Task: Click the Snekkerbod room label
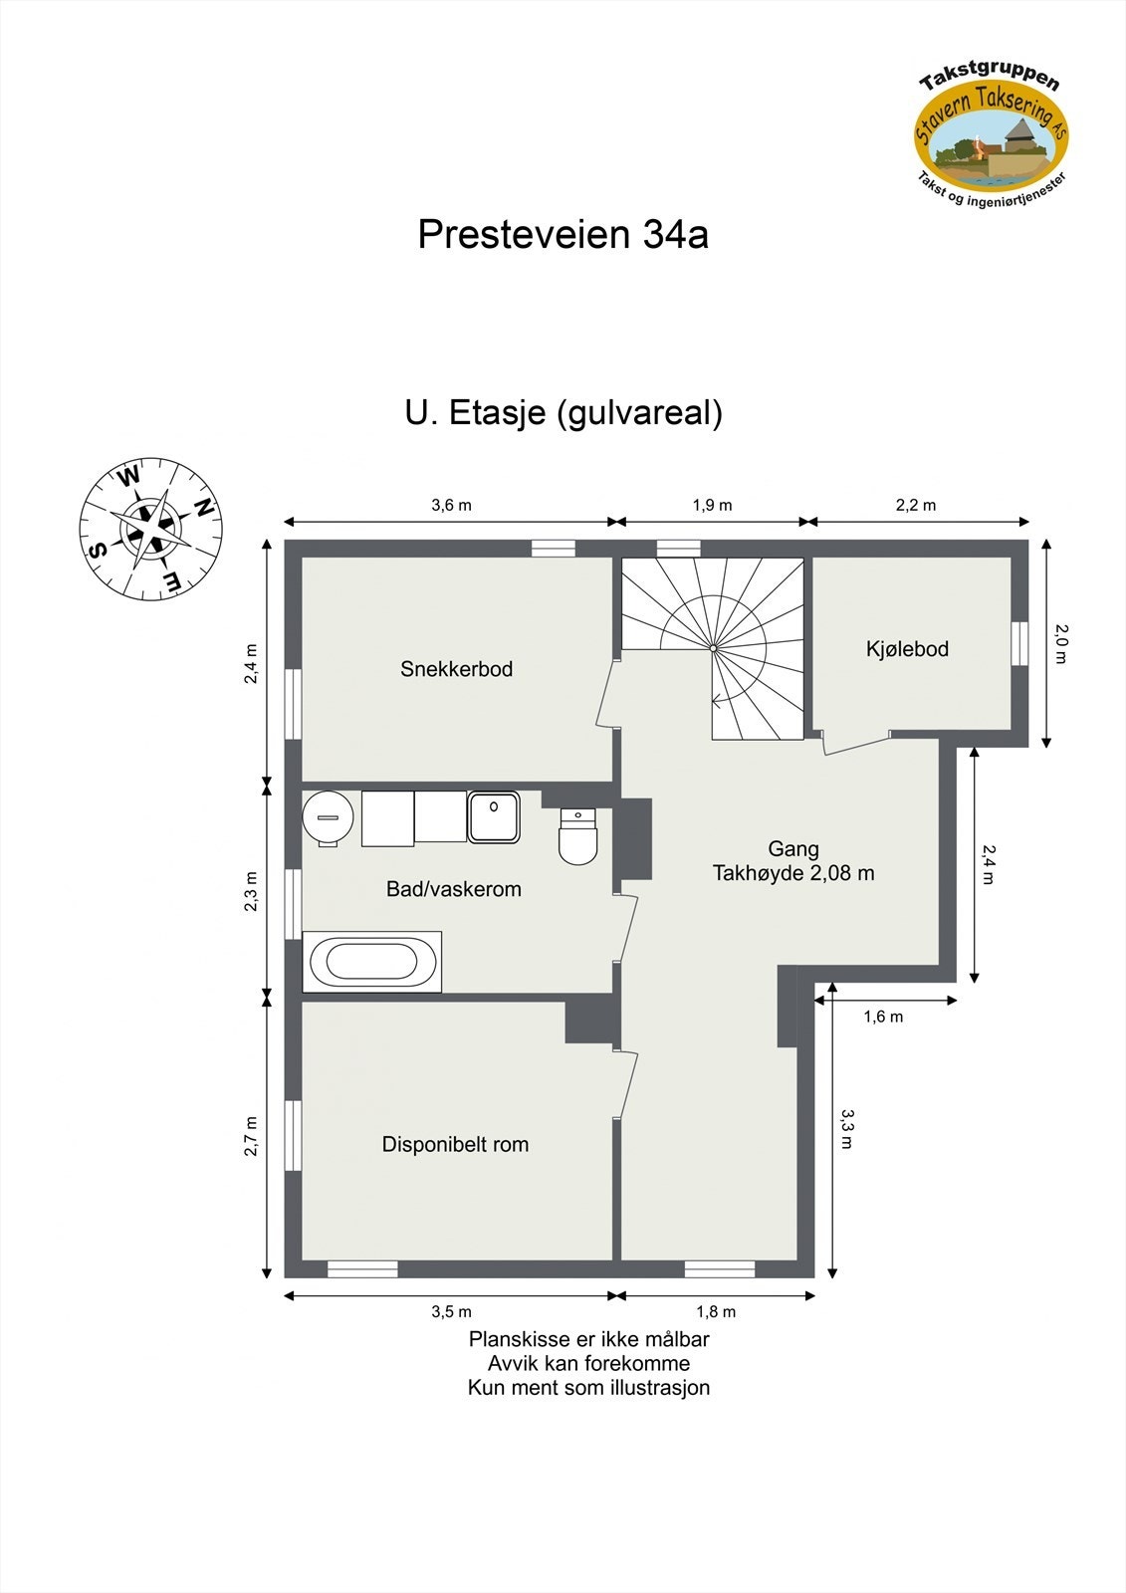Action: [456, 669]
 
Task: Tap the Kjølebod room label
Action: [907, 649]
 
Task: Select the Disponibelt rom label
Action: [455, 1144]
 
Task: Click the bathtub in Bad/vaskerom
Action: [372, 962]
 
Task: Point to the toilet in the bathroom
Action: [577, 838]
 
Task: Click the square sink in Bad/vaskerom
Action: [494, 817]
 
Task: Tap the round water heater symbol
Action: [328, 817]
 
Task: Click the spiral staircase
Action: [713, 647]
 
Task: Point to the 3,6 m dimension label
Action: [451, 505]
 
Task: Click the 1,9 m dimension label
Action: [712, 505]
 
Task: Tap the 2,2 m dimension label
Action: [915, 505]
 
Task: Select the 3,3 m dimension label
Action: [847, 1129]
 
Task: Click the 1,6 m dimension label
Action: [883, 1017]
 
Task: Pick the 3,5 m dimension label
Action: [451, 1311]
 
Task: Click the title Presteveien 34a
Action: [563, 235]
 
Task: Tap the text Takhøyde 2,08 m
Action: [793, 873]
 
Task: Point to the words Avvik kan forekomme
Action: [588, 1363]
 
